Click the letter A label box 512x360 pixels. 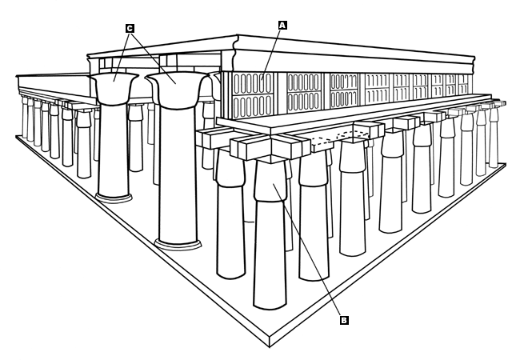(282, 25)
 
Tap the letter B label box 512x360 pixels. (344, 320)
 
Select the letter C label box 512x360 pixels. (130, 28)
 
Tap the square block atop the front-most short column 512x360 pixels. (270, 149)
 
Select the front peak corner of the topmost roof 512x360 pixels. (237, 38)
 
